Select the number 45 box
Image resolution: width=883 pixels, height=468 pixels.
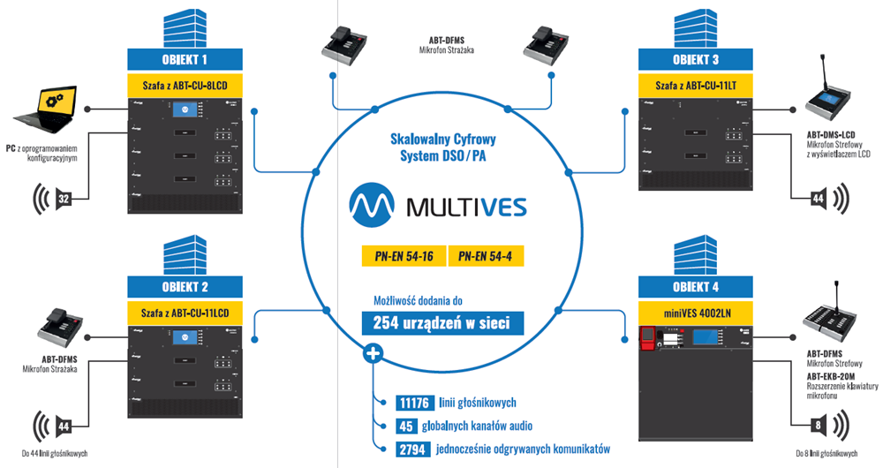(x=408, y=426)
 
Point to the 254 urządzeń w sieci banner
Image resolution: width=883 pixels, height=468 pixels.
(x=441, y=322)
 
